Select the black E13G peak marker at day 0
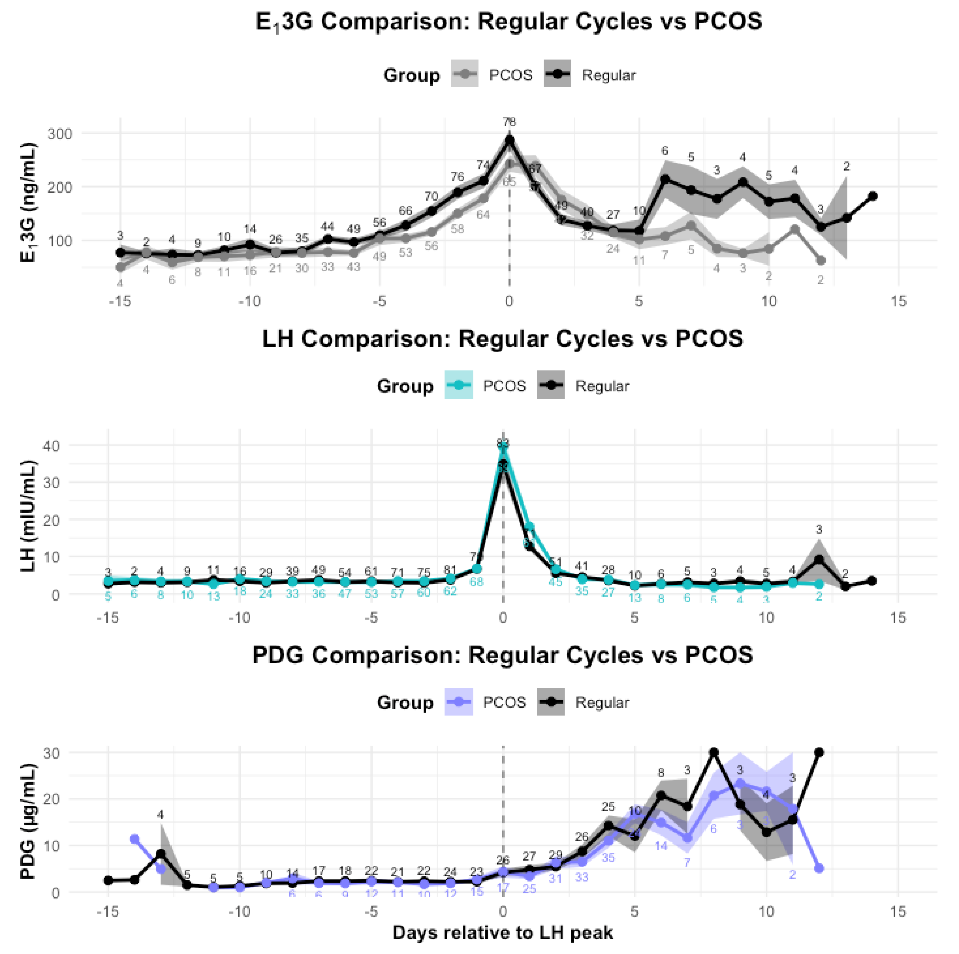tap(509, 141)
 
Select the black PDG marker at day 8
tap(714, 753)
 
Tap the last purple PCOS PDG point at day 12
tap(819, 868)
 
